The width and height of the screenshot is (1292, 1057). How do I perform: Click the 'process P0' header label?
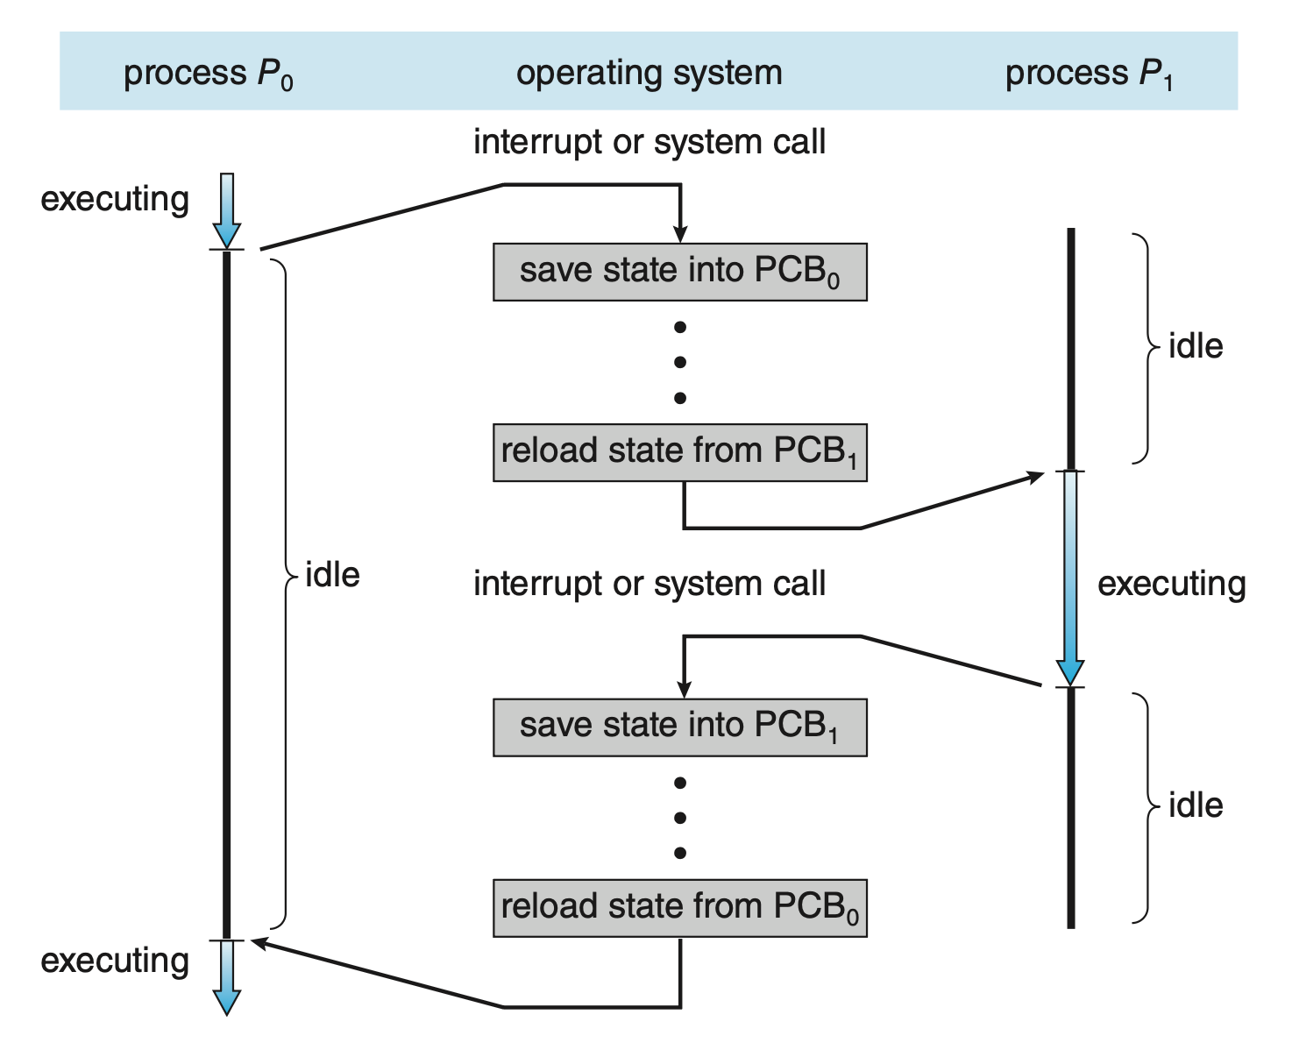tap(208, 74)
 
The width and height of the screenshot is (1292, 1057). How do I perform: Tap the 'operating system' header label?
tap(649, 73)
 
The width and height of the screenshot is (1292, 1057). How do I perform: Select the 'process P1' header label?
tap(1089, 74)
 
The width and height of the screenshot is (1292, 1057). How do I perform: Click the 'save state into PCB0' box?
tap(679, 273)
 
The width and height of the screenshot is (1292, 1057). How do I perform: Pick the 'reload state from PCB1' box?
tap(679, 452)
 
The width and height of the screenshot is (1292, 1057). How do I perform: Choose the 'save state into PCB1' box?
tap(679, 727)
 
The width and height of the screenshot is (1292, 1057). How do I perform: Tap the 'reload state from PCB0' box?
tap(679, 908)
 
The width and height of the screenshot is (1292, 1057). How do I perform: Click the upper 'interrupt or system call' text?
tap(649, 142)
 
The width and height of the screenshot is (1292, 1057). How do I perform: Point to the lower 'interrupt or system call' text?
tap(649, 584)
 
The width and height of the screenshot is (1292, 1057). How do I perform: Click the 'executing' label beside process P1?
tap(1171, 584)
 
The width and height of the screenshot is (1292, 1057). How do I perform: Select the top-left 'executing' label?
tap(115, 199)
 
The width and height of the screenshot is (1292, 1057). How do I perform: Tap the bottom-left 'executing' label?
tap(115, 961)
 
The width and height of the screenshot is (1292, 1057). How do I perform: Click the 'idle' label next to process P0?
tap(332, 575)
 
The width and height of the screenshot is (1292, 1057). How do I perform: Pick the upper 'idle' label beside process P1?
tap(1196, 346)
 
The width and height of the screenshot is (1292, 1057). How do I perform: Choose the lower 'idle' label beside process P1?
tap(1196, 805)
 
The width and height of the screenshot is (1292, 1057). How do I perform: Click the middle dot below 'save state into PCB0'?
tap(680, 362)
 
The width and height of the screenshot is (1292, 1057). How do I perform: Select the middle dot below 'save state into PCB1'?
tap(680, 818)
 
